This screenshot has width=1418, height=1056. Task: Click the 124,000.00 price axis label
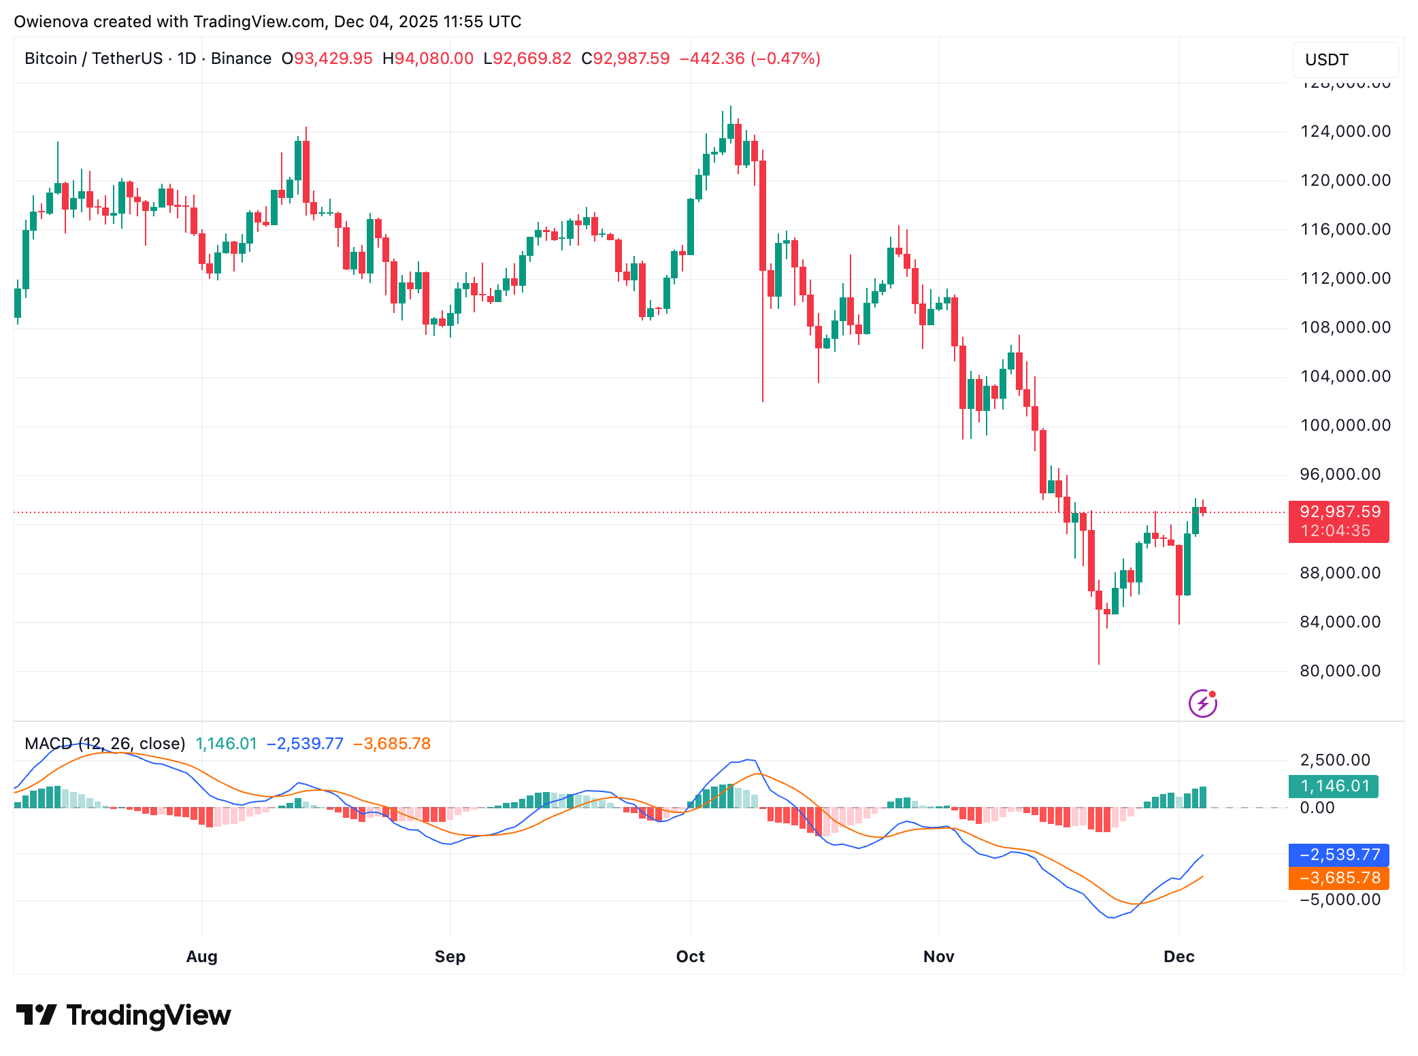point(1345,131)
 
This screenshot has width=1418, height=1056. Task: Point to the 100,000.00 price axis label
point(1345,425)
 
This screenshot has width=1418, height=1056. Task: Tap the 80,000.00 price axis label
point(1340,671)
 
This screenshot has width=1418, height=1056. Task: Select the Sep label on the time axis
point(450,956)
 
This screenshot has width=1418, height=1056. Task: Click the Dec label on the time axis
point(1178,956)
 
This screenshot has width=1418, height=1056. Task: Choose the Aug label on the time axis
point(201,956)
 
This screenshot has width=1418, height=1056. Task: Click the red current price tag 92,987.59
point(1339,512)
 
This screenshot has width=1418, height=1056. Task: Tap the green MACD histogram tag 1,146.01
point(1334,787)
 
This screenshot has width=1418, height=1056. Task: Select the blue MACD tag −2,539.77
point(1339,855)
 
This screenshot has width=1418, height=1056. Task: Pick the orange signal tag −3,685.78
point(1339,878)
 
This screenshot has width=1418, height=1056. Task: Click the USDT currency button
point(1326,60)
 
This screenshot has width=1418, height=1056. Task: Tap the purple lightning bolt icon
point(1202,704)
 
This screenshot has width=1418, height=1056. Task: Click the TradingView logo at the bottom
point(124,1014)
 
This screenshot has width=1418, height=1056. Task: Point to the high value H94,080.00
point(428,59)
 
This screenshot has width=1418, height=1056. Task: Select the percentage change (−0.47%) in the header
point(785,59)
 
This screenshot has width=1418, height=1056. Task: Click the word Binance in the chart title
point(241,59)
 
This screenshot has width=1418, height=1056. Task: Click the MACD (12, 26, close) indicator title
point(105,743)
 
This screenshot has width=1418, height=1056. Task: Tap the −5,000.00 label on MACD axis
point(1339,900)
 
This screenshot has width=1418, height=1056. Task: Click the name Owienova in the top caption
point(51,22)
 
